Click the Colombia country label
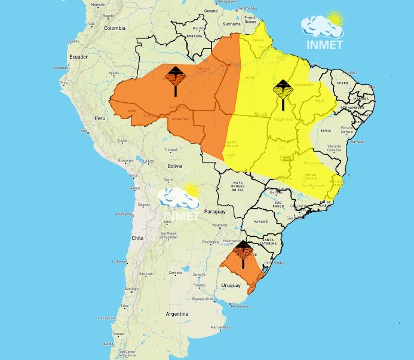[115, 28]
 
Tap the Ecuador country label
[78, 57]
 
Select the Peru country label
[100, 118]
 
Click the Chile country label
[137, 237]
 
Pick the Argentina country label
[177, 313]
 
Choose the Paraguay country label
[214, 212]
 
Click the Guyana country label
[211, 11]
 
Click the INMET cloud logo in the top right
[323, 31]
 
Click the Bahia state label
[326, 130]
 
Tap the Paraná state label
[261, 221]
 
